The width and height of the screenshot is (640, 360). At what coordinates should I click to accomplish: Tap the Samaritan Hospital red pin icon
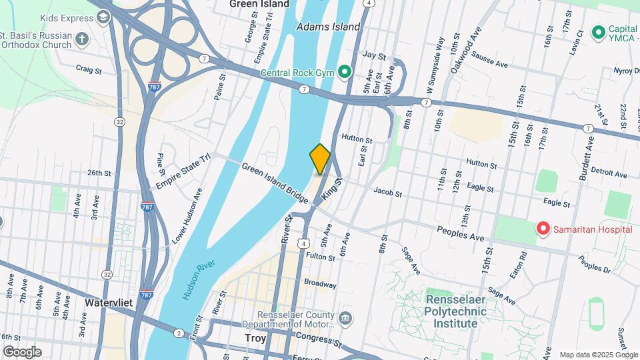[x=543, y=230]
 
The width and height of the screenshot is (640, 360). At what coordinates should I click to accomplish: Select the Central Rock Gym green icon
[x=344, y=71]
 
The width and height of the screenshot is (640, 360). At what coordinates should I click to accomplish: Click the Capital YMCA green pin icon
[x=598, y=31]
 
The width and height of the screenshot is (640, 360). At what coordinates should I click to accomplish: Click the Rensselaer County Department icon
[x=345, y=317]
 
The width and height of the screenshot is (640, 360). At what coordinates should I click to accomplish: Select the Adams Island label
[x=328, y=27]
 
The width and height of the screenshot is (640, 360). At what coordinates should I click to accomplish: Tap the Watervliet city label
[x=109, y=303]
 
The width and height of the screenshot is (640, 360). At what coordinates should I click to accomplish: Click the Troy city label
[x=255, y=339]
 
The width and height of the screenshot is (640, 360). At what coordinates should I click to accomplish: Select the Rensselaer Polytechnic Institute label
[x=461, y=311]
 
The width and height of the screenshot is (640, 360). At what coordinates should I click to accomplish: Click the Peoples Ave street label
[x=461, y=233]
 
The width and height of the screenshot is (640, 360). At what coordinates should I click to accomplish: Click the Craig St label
[x=89, y=69]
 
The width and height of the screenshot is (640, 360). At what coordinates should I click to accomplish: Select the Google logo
[x=22, y=352]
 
